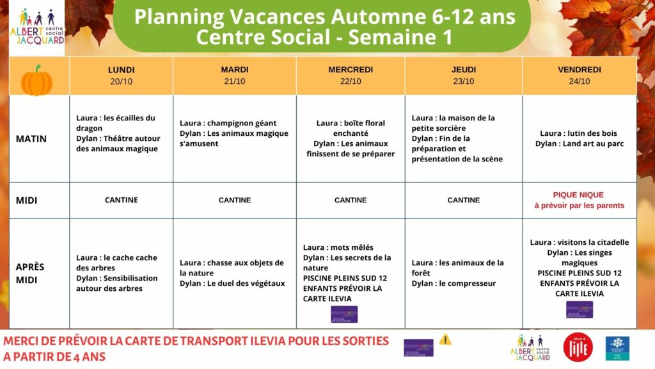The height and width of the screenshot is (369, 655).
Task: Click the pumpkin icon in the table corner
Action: (x=37, y=81)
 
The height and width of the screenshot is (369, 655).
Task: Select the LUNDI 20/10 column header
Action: (x=122, y=76)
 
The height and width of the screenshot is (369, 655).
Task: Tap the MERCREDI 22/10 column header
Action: (x=351, y=76)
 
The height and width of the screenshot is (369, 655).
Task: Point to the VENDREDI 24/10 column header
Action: (x=579, y=76)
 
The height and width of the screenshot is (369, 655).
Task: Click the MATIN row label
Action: (x=31, y=138)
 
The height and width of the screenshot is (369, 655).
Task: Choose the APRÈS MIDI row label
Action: (x=30, y=273)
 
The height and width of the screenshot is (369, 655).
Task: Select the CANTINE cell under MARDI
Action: (x=235, y=200)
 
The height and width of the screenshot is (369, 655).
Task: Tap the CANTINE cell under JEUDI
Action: (x=464, y=200)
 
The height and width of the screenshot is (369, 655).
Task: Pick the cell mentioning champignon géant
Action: (x=234, y=133)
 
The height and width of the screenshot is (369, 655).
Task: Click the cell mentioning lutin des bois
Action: (x=579, y=138)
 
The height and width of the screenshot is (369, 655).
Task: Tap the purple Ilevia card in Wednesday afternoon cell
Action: (x=344, y=315)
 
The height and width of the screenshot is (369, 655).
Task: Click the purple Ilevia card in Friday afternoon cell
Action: (x=579, y=309)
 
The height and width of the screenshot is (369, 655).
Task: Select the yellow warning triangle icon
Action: (x=445, y=340)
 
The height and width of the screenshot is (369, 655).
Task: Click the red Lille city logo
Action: (x=578, y=347)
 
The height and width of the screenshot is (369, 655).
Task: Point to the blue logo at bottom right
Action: (x=617, y=347)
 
